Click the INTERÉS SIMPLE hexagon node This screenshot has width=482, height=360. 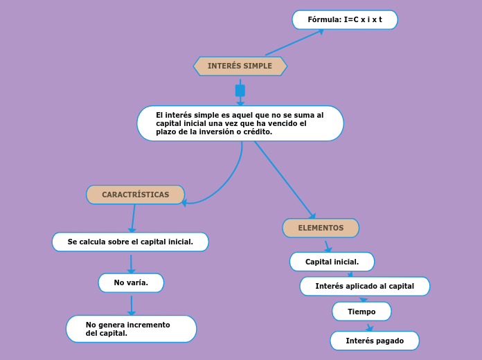240,66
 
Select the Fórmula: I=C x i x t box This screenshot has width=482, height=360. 345,19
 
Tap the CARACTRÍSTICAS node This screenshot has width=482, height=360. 135,195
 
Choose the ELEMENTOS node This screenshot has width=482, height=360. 321,228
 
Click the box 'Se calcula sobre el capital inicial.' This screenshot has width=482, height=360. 130,242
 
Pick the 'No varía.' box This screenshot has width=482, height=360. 131,282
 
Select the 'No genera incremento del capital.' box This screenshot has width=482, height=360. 132,329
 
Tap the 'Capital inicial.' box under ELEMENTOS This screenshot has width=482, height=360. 332,262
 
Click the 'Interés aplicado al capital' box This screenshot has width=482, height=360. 364,286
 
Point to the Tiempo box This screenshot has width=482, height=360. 361,312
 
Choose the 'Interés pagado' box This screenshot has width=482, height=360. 375,341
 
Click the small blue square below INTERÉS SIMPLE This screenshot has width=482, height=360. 240,91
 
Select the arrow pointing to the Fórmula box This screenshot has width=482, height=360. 294,42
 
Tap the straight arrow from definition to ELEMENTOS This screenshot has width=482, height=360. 285,180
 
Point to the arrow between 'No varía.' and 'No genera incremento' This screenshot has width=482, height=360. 132,305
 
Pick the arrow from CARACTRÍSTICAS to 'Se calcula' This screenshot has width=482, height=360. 133,219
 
